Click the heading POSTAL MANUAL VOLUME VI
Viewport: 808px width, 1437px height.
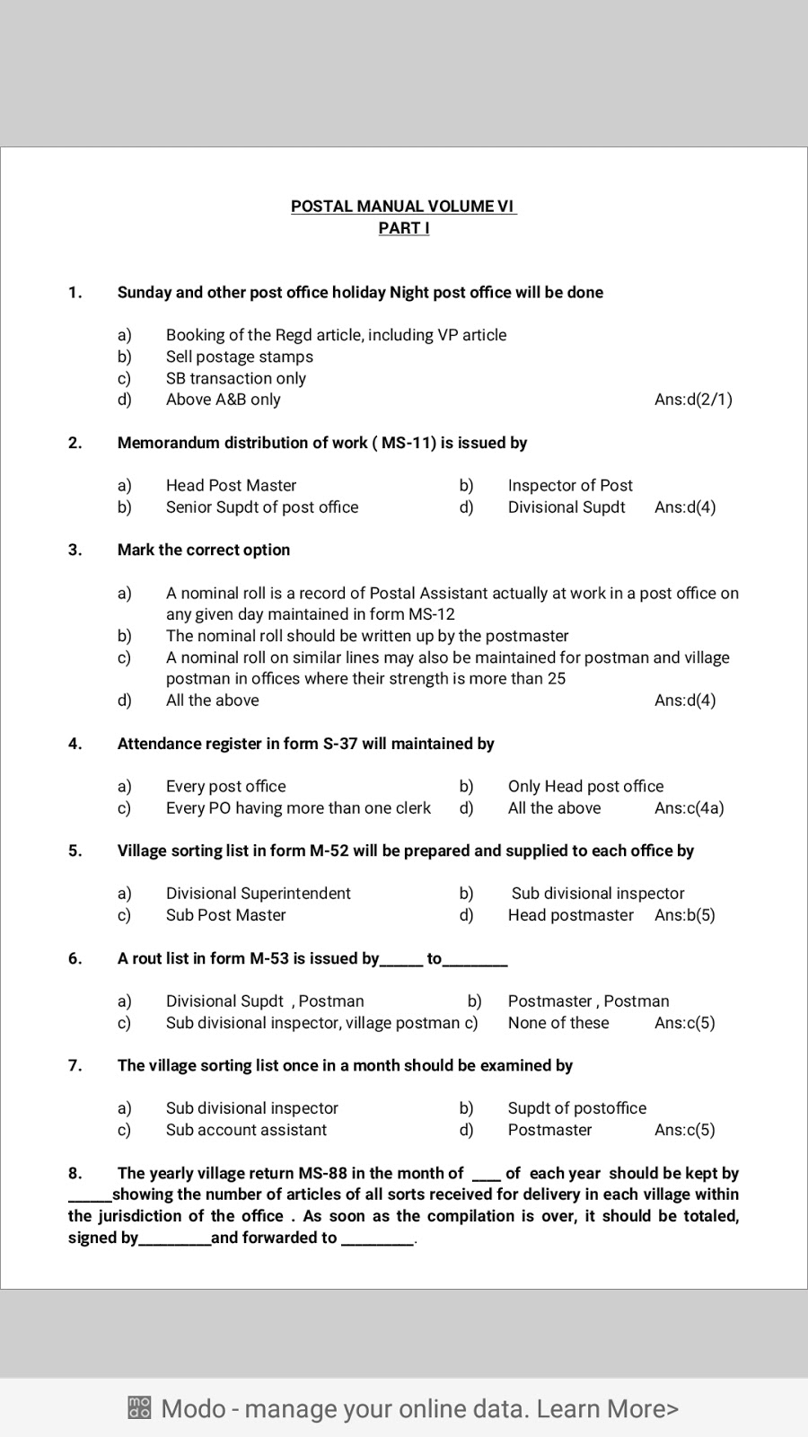point(403,206)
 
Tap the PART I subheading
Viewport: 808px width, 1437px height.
point(403,228)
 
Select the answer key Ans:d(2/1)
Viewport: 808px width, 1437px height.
point(693,400)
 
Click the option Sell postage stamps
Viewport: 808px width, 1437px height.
point(239,357)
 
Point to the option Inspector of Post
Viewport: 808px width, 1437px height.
point(570,486)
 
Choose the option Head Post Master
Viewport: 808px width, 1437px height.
point(231,486)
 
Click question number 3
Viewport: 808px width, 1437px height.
point(75,550)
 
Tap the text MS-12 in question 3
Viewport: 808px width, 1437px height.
point(433,614)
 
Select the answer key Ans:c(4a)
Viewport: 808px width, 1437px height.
point(689,808)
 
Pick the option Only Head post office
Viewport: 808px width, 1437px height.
point(585,787)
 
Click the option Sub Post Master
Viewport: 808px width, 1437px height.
point(225,915)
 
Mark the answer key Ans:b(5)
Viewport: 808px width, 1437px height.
point(685,915)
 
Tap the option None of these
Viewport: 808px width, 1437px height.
point(558,1023)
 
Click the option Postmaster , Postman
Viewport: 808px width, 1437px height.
point(588,1001)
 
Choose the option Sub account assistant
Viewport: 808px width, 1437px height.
point(246,1130)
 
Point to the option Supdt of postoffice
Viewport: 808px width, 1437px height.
point(576,1108)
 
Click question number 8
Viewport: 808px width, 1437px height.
point(75,1173)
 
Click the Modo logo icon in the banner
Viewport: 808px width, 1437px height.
point(139,1407)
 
